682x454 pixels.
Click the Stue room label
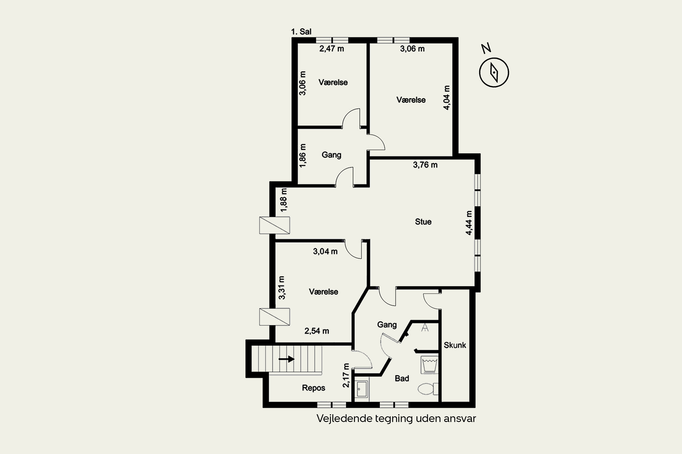click(423, 222)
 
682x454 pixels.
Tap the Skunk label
click(455, 345)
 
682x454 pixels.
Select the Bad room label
click(402, 378)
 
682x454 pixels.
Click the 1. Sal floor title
click(301, 32)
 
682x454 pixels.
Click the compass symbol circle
click(494, 72)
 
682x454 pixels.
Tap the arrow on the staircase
click(286, 359)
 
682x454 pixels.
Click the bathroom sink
click(361, 390)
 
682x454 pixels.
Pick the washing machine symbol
click(429, 365)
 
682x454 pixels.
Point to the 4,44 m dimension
click(469, 223)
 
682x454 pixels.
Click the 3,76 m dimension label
click(425, 165)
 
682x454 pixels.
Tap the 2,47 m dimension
click(332, 49)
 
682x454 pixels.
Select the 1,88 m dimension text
click(284, 200)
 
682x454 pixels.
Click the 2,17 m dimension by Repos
click(346, 375)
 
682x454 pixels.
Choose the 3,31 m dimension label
click(282, 288)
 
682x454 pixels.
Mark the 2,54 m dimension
click(317, 331)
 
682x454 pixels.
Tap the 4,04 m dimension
click(447, 98)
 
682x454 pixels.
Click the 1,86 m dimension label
click(302, 155)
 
